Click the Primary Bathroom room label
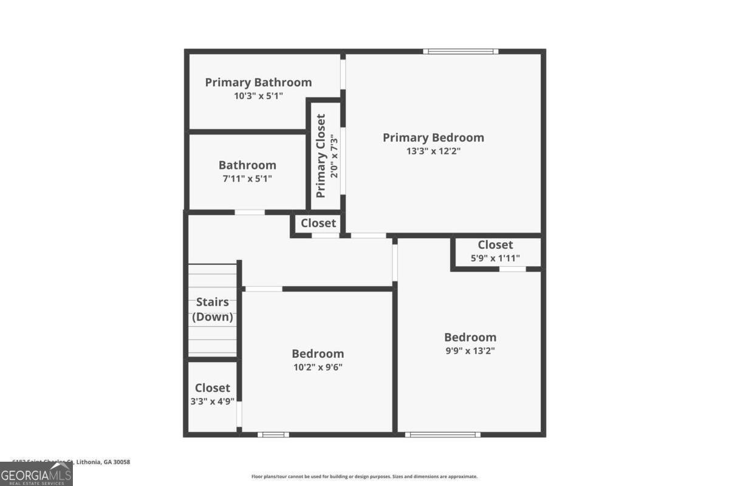tap(258, 83)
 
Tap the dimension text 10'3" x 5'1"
tap(258, 96)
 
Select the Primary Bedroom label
tap(433, 138)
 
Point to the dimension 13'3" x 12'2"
tap(433, 151)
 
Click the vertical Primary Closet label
tap(321, 156)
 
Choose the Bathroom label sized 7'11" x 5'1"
tap(247, 165)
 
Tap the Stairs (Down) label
tap(213, 309)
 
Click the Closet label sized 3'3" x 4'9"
tap(213, 388)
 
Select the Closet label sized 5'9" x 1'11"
tap(495, 245)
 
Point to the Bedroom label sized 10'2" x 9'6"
tap(318, 354)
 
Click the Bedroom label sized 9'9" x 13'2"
tap(470, 337)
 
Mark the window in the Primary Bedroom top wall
tap(460, 52)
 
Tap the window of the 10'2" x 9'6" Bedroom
tap(273, 434)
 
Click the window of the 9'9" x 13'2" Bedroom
tap(442, 434)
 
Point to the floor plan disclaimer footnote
tap(364, 477)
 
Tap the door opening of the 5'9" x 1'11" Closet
tap(512, 269)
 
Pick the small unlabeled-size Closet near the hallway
tap(318, 223)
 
